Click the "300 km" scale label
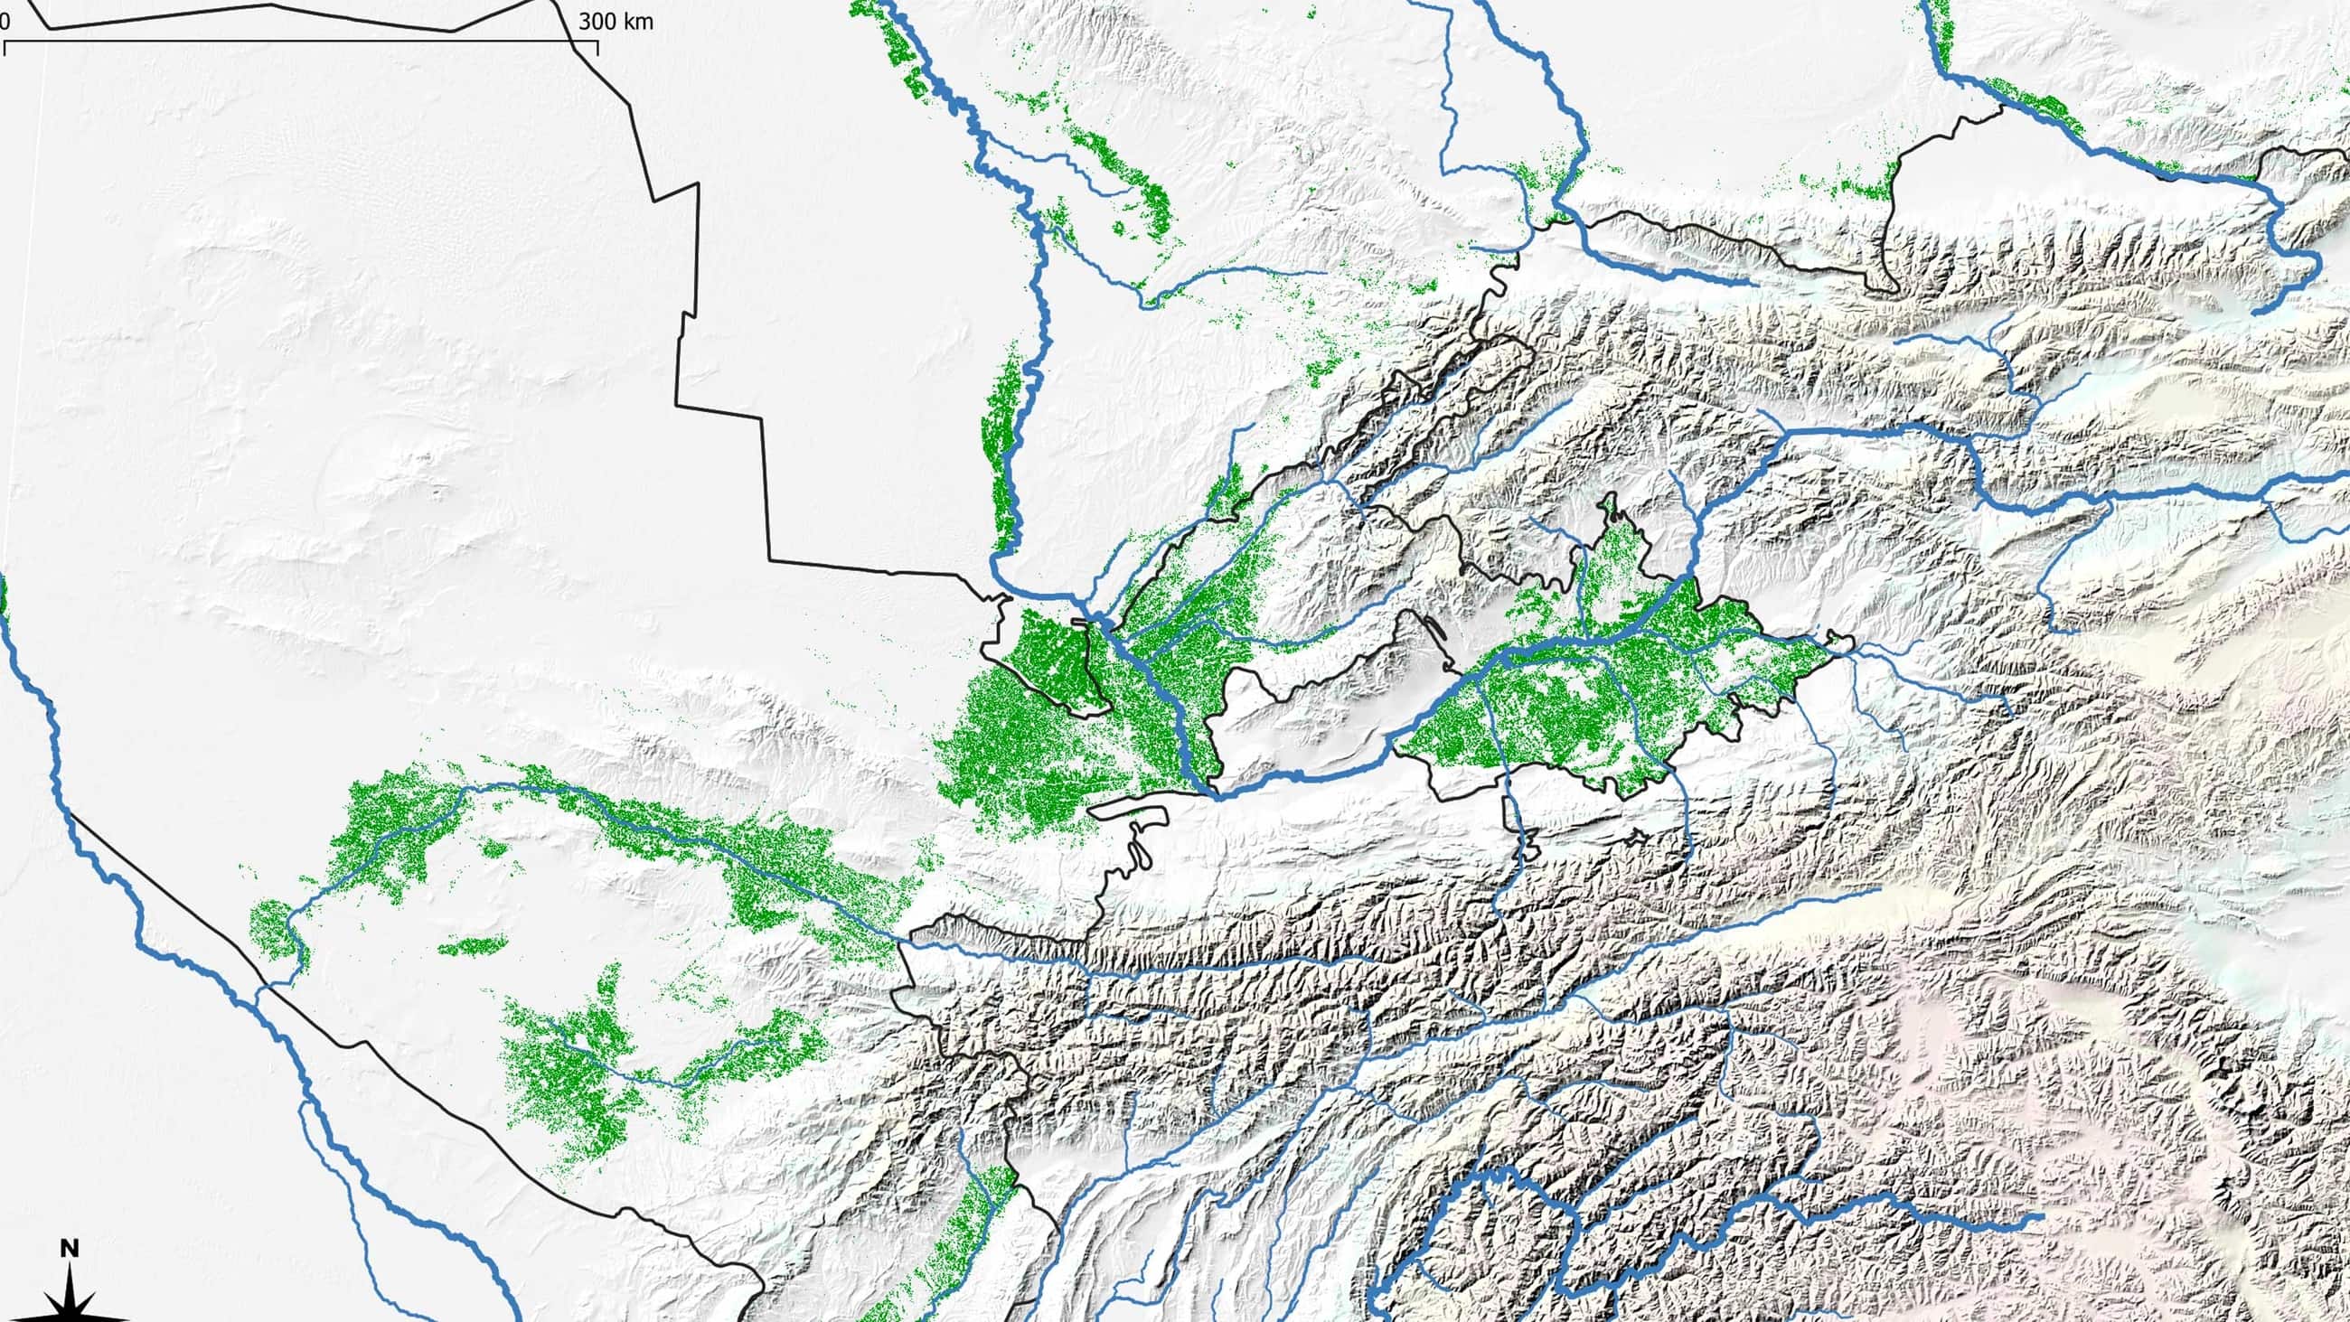[616, 22]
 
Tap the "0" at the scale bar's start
[5, 22]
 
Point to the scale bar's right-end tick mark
[597, 48]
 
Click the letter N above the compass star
[70, 1248]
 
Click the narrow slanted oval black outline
[1435, 630]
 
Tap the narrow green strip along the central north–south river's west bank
[1003, 447]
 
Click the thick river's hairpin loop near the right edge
[2298, 256]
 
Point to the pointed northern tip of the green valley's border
[1607, 498]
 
